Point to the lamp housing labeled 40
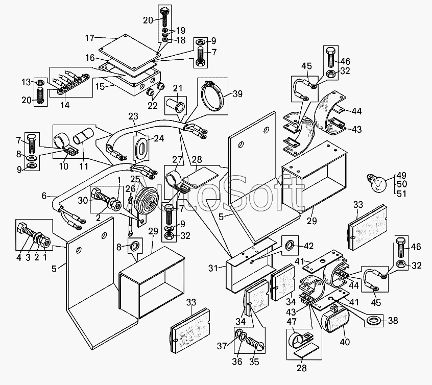pyautogui.click(x=335, y=322)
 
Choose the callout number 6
pyautogui.click(x=44, y=196)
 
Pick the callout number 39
pyautogui.click(x=238, y=93)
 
